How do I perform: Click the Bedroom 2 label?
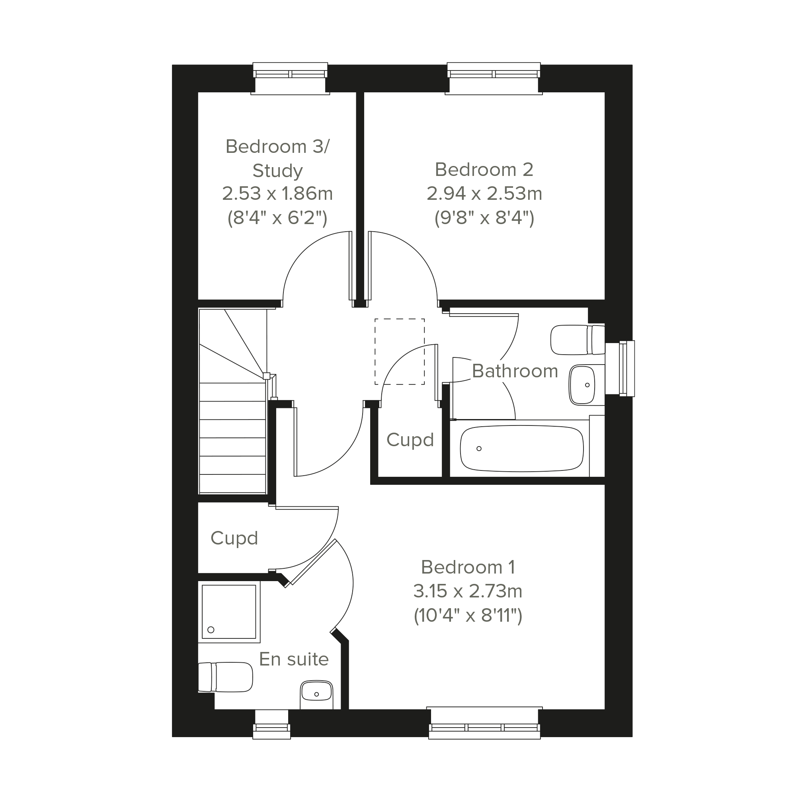coord(484,170)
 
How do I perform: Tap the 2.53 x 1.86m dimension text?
coord(277,193)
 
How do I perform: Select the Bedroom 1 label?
coord(468,567)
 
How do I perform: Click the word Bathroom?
coord(515,371)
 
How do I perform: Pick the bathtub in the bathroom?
coord(521,449)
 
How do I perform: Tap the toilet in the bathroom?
coord(578,340)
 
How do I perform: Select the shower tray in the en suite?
coord(229,612)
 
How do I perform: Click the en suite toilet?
coord(225,677)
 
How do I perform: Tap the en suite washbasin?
coord(316,695)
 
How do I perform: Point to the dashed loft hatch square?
coord(400,352)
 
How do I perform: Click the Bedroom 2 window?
coord(494,78)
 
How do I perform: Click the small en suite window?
coord(271,724)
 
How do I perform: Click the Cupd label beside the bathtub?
coord(410,440)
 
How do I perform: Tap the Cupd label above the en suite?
coord(234,538)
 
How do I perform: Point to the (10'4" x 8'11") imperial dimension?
coord(468,615)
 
